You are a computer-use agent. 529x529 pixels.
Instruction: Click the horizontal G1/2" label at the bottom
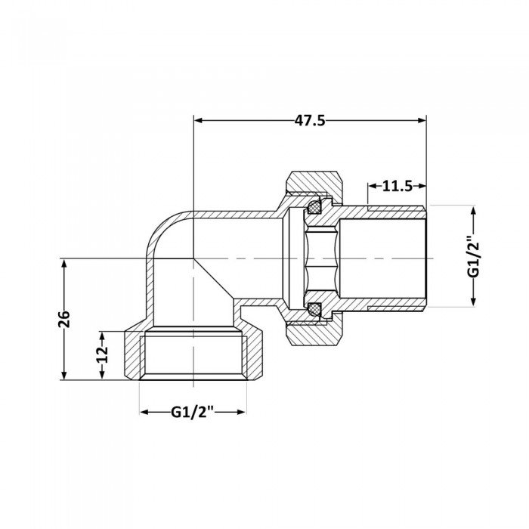192,412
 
